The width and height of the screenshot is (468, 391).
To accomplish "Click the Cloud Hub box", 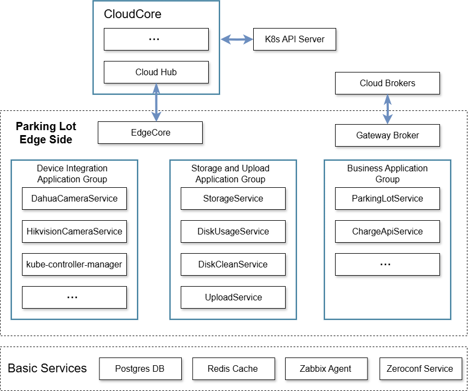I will (x=156, y=72).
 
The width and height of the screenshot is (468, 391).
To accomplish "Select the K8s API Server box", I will (x=294, y=39).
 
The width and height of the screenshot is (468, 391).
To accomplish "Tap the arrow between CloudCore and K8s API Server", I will (x=236, y=39).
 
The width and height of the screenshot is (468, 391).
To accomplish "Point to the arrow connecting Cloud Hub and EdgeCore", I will (x=157, y=102).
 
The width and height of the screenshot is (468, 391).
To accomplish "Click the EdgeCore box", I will (x=150, y=132).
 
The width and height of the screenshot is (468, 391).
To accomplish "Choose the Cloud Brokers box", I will (x=387, y=83).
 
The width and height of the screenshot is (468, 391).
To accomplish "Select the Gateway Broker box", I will (x=387, y=135).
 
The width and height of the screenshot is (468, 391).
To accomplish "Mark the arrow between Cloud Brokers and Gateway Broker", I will (x=388, y=109).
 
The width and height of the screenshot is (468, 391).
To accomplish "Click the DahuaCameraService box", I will (x=74, y=198).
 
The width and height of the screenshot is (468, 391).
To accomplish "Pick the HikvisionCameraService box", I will (x=74, y=231).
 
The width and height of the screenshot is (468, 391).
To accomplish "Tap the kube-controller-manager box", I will (x=74, y=264).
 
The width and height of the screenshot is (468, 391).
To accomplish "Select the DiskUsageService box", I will (x=233, y=231).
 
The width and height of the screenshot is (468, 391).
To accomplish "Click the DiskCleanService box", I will (x=233, y=264).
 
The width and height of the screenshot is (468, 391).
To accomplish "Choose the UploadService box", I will (x=233, y=297).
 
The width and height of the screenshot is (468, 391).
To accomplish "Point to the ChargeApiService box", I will (x=387, y=231).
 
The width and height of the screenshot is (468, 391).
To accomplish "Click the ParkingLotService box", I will (x=387, y=198).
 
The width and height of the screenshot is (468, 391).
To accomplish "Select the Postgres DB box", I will (x=140, y=368).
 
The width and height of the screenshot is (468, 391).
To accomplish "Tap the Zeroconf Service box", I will (x=420, y=368).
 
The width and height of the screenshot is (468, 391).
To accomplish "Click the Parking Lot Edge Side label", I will (x=46, y=133).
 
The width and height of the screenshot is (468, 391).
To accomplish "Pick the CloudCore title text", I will (x=132, y=14).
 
